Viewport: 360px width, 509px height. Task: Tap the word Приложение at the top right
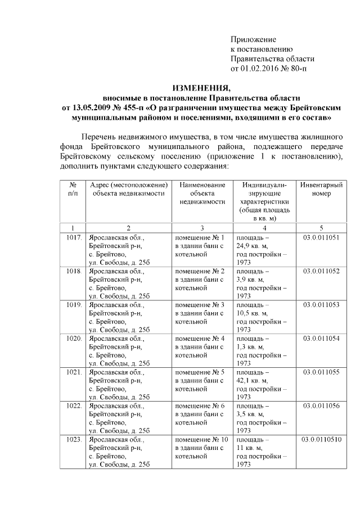pos(254,39)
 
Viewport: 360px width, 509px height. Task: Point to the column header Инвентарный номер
pos(321,189)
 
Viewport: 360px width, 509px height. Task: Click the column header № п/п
pos(73,189)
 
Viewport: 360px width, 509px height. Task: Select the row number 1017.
pos(74,237)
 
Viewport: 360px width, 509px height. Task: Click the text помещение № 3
pos(200,305)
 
